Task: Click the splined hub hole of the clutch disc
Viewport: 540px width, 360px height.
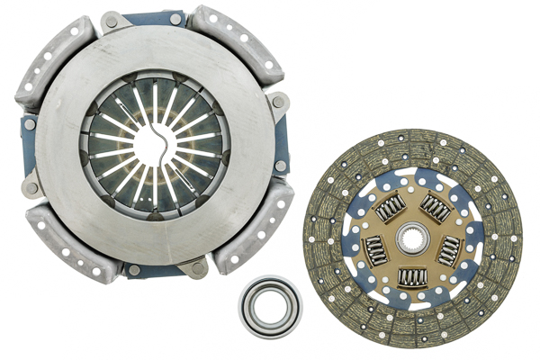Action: pyautogui.click(x=413, y=238)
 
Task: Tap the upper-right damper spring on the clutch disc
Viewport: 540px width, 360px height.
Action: pyautogui.click(x=436, y=209)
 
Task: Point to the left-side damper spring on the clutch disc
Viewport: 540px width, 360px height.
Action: pyautogui.click(x=376, y=248)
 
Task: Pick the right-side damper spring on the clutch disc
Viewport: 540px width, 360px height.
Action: pyautogui.click(x=449, y=250)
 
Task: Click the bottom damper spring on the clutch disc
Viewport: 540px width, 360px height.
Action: pyautogui.click(x=413, y=278)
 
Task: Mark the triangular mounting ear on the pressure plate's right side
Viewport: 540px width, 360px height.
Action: pyautogui.click(x=280, y=103)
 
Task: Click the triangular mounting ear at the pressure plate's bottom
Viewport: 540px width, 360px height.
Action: pyautogui.click(x=194, y=266)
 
